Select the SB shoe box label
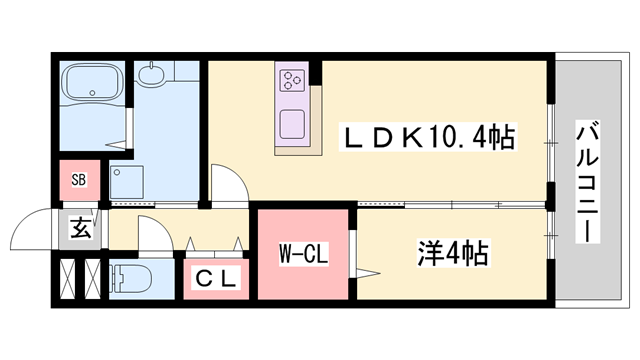[x=79, y=181]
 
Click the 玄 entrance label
[x=79, y=228]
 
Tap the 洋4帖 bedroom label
[x=451, y=253]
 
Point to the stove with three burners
[x=293, y=81]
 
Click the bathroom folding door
[x=130, y=130]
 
